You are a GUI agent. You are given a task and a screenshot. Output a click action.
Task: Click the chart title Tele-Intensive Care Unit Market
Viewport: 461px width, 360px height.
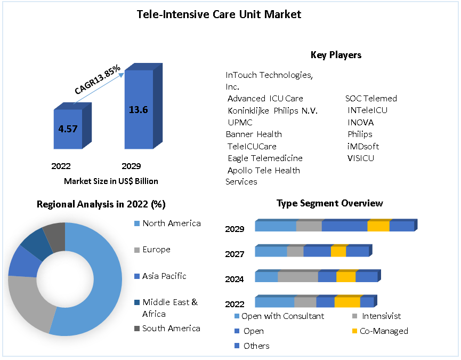219,14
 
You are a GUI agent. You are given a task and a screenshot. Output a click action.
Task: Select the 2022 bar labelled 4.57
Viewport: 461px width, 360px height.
68,130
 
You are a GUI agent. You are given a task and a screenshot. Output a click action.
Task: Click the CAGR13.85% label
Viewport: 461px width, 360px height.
98,81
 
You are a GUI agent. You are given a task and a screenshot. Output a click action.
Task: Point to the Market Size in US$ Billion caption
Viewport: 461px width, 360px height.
111,181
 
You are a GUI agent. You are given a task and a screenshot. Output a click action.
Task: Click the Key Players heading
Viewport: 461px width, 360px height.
336,55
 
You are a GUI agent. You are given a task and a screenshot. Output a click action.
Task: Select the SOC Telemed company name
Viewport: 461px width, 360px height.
371,98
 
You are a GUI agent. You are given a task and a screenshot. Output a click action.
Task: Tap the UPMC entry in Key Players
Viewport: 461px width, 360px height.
240,122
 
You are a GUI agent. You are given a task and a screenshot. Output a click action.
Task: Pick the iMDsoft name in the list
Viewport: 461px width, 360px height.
363,146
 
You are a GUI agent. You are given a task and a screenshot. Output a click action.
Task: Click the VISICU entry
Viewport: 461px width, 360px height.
361,158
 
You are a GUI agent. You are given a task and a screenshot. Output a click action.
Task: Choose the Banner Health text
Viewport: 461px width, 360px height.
254,134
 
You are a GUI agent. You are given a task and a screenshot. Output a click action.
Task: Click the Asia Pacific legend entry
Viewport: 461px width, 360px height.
164,276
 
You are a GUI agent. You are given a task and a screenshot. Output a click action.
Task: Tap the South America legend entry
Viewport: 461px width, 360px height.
171,329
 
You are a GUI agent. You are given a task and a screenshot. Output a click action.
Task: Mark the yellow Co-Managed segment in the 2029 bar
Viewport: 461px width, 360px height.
378,226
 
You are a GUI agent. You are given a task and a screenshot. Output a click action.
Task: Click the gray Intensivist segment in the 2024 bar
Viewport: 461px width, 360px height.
298,277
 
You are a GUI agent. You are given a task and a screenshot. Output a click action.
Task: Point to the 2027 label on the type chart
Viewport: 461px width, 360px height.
234,254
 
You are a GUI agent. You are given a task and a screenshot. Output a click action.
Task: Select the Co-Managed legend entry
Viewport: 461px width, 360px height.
384,331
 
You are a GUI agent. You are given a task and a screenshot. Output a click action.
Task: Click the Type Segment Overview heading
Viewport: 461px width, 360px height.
329,203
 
